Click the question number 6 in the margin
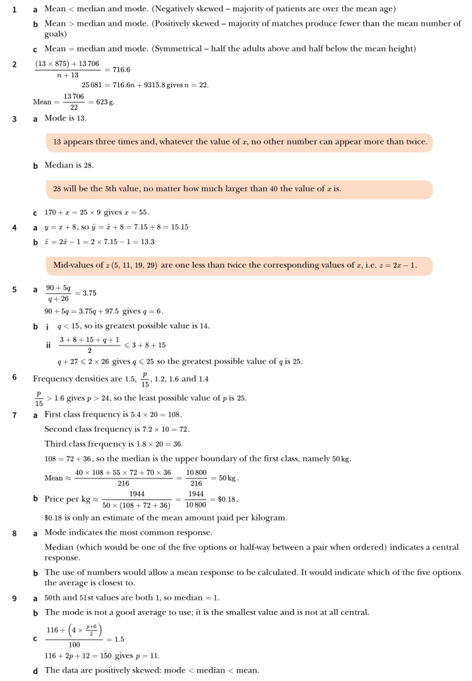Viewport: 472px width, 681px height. tap(15, 377)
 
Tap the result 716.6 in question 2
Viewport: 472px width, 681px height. tap(121, 69)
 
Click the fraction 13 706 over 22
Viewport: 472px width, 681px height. tap(73, 102)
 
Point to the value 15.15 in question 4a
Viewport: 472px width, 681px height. tap(177, 227)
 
